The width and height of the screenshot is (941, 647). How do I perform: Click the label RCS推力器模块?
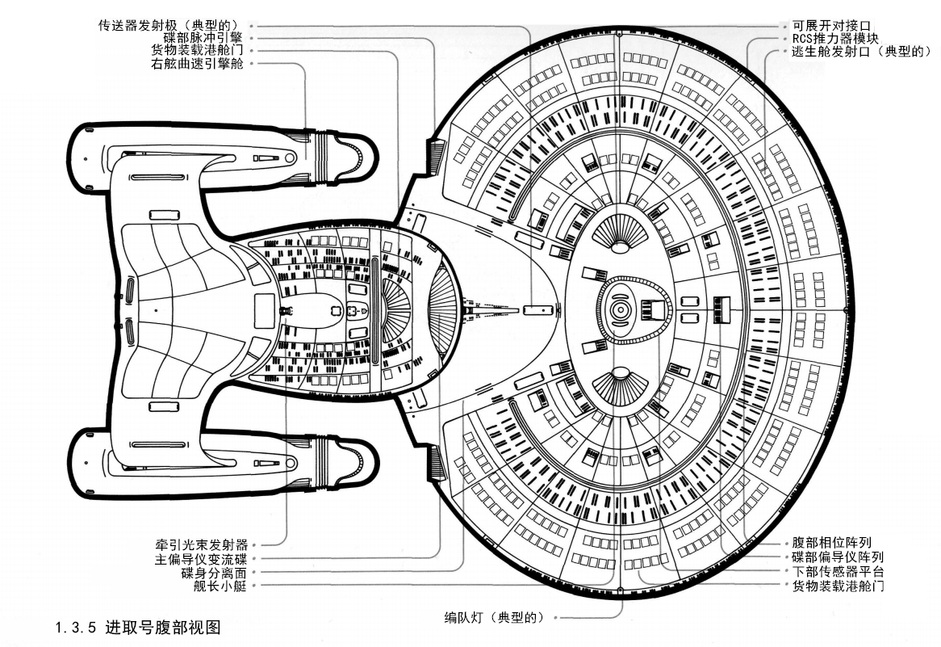tap(834, 38)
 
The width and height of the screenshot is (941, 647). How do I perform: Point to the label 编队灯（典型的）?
tap(495, 618)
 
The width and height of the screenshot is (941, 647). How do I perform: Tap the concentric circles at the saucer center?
tap(619, 309)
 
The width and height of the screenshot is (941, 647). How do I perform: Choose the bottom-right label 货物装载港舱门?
tap(838, 586)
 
